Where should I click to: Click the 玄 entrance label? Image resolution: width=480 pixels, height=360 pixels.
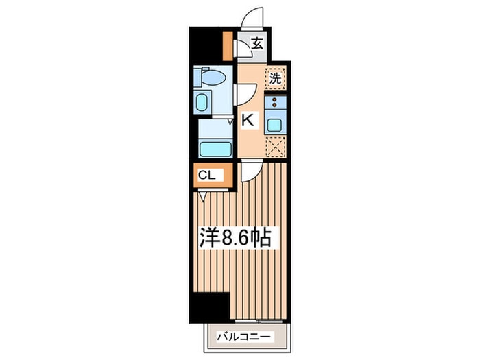click(x=257, y=43)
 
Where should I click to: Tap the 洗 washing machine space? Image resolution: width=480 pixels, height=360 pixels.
click(x=275, y=79)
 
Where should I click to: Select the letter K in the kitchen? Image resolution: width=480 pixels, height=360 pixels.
click(x=248, y=120)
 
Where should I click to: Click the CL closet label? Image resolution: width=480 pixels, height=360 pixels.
click(x=207, y=176)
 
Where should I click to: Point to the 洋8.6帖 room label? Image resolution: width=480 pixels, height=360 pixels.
click(x=235, y=237)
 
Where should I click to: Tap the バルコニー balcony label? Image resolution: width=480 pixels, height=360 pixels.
click(x=244, y=337)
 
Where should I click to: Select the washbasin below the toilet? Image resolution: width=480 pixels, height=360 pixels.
click(x=202, y=102)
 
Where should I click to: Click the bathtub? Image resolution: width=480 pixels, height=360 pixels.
click(x=215, y=149)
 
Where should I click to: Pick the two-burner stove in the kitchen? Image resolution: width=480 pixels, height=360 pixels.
click(x=275, y=102)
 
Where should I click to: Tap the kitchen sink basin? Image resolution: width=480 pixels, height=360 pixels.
click(x=274, y=125)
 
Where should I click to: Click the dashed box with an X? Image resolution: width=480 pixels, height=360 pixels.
click(x=275, y=147)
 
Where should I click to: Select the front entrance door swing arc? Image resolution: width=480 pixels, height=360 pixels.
click(x=252, y=17)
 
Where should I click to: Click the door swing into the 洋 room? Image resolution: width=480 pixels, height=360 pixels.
click(x=251, y=171)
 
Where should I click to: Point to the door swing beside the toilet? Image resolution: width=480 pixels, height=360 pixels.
click(x=245, y=95)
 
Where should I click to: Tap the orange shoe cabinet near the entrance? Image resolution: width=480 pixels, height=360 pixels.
click(x=228, y=46)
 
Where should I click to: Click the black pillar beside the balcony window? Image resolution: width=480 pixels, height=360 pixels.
click(x=211, y=307)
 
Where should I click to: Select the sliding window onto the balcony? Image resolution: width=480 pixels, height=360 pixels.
click(x=259, y=321)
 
